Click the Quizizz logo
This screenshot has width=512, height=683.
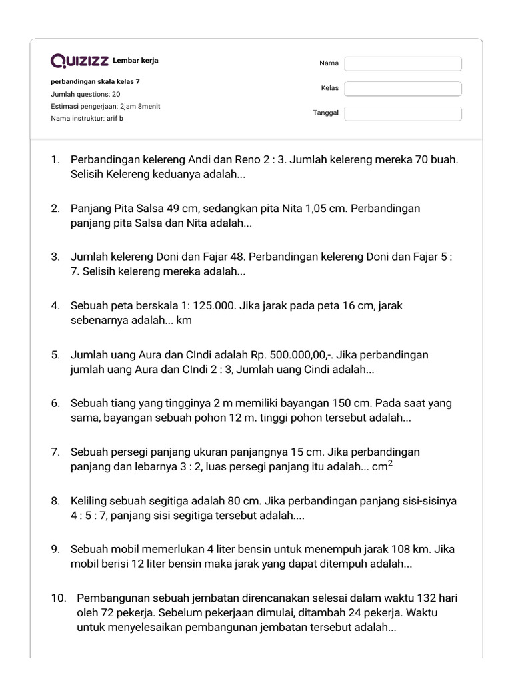[80, 61]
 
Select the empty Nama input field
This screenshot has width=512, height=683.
[403, 63]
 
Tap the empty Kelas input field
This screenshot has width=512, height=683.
[403, 89]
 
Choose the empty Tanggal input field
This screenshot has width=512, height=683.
[403, 113]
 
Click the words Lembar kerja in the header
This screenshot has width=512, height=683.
[136, 61]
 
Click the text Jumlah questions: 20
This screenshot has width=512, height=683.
[85, 94]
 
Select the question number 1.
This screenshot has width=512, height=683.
[55, 160]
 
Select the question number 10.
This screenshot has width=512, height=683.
[59, 598]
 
